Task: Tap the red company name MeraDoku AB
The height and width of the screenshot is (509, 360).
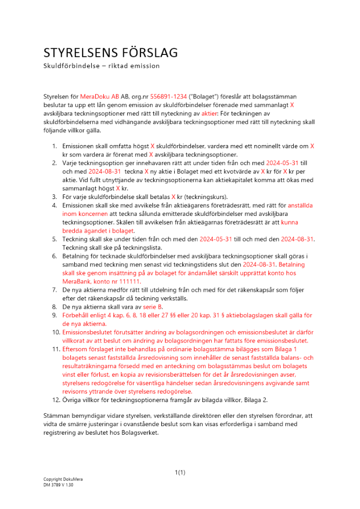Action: pyautogui.click(x=99, y=96)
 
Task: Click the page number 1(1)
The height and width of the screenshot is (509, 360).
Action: pyautogui.click(x=180, y=473)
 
